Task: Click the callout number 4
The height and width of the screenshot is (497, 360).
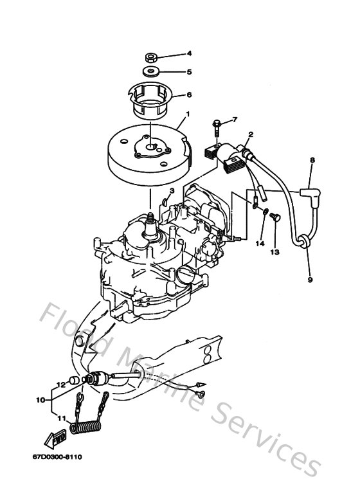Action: click(x=190, y=53)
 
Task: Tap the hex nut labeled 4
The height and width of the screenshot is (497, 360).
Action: click(x=152, y=57)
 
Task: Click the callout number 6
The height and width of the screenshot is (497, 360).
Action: click(x=190, y=95)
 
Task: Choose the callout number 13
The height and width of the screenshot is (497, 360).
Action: click(x=274, y=252)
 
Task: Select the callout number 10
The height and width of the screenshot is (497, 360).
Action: click(x=40, y=399)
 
